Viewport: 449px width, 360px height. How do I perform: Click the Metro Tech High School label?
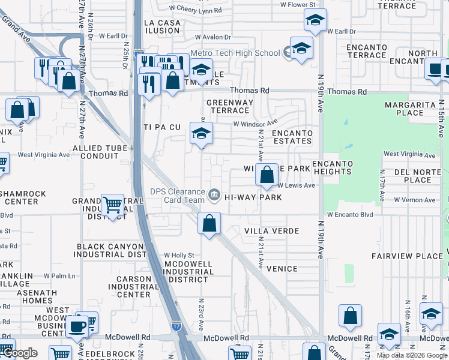pos(235,53)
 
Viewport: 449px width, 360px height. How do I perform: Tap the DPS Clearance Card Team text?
pos(177,196)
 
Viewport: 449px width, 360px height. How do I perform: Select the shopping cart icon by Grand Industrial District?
pos(112,205)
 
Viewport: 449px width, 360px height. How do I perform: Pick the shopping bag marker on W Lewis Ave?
pos(267,175)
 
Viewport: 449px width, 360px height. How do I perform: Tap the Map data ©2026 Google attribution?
pos(412,355)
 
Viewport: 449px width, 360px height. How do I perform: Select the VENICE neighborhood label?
pos(282,269)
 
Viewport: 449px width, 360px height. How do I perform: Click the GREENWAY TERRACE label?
pos(231,106)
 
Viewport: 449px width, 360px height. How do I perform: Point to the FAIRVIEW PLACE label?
pos(399,256)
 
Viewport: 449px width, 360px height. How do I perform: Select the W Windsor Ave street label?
pos(255,124)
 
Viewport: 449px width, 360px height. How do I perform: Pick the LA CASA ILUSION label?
pos(162,26)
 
